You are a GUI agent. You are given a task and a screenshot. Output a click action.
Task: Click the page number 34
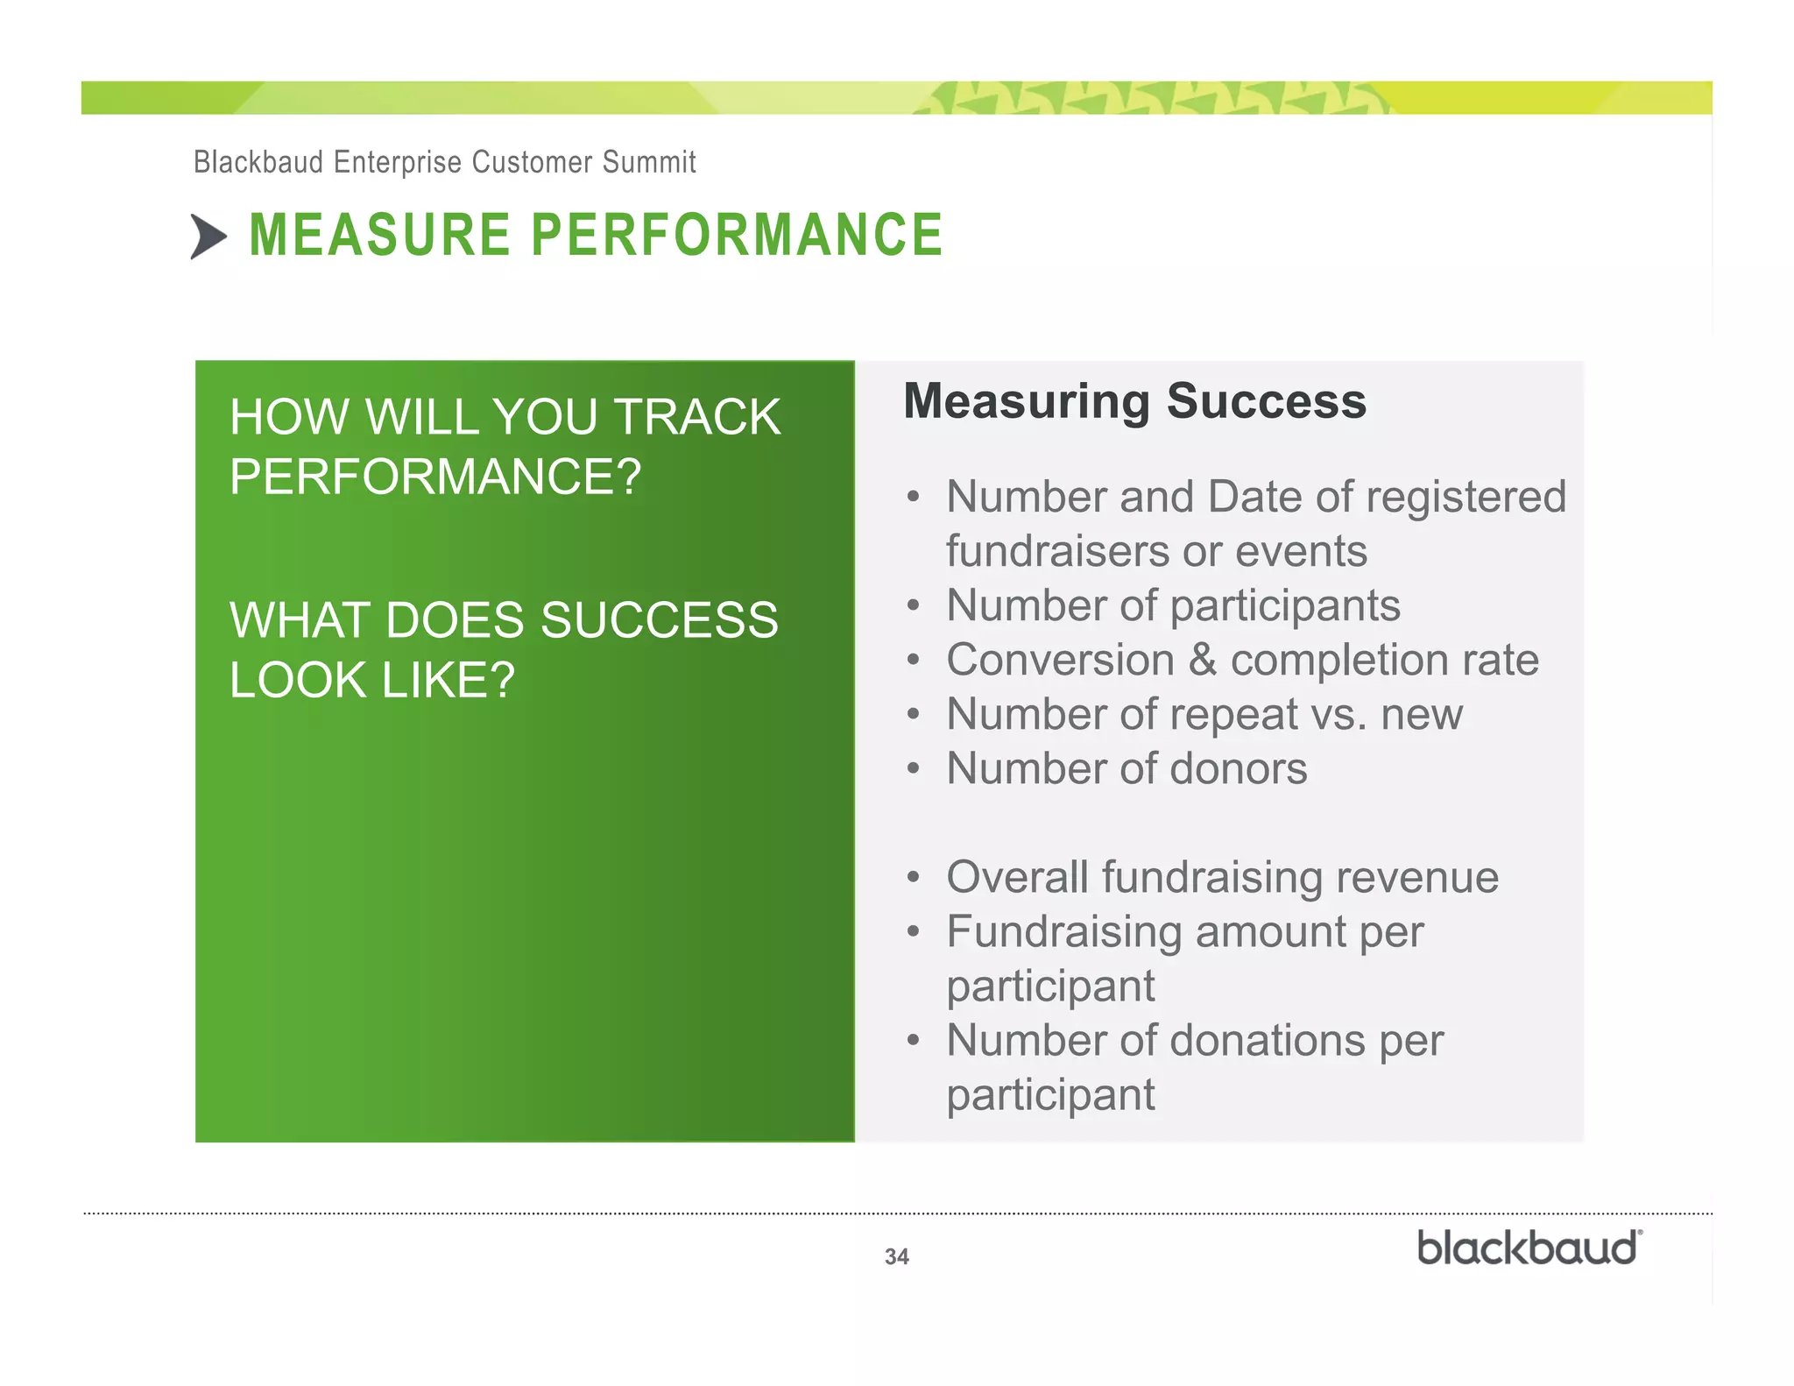(x=896, y=1256)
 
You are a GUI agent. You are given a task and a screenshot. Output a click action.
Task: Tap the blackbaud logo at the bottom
(x=1529, y=1248)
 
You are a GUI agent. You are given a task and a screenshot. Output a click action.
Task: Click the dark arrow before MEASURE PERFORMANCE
(x=208, y=237)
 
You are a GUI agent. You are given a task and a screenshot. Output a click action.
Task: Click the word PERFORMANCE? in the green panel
(x=435, y=477)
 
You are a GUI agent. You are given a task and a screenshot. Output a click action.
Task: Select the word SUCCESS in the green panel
(x=659, y=620)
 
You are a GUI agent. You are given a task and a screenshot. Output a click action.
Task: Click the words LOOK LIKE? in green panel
(x=371, y=680)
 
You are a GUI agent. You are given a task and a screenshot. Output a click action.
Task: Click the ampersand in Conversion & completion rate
(x=1202, y=660)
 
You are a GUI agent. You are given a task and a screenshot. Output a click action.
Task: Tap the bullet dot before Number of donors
(x=914, y=769)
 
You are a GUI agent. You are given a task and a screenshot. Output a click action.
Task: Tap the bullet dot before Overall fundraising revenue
(x=914, y=878)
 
